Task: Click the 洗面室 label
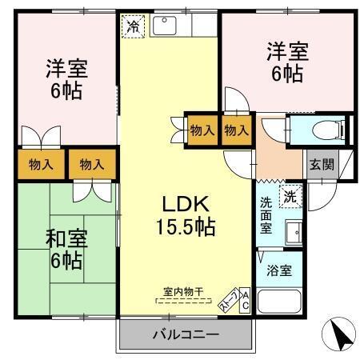(x=266, y=215)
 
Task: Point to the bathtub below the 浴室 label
(x=278, y=302)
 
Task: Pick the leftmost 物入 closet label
(x=40, y=165)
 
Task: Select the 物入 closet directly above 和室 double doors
(x=91, y=165)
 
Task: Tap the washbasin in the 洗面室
(x=292, y=230)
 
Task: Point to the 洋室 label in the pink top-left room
(x=66, y=67)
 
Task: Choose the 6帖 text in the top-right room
(x=286, y=74)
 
